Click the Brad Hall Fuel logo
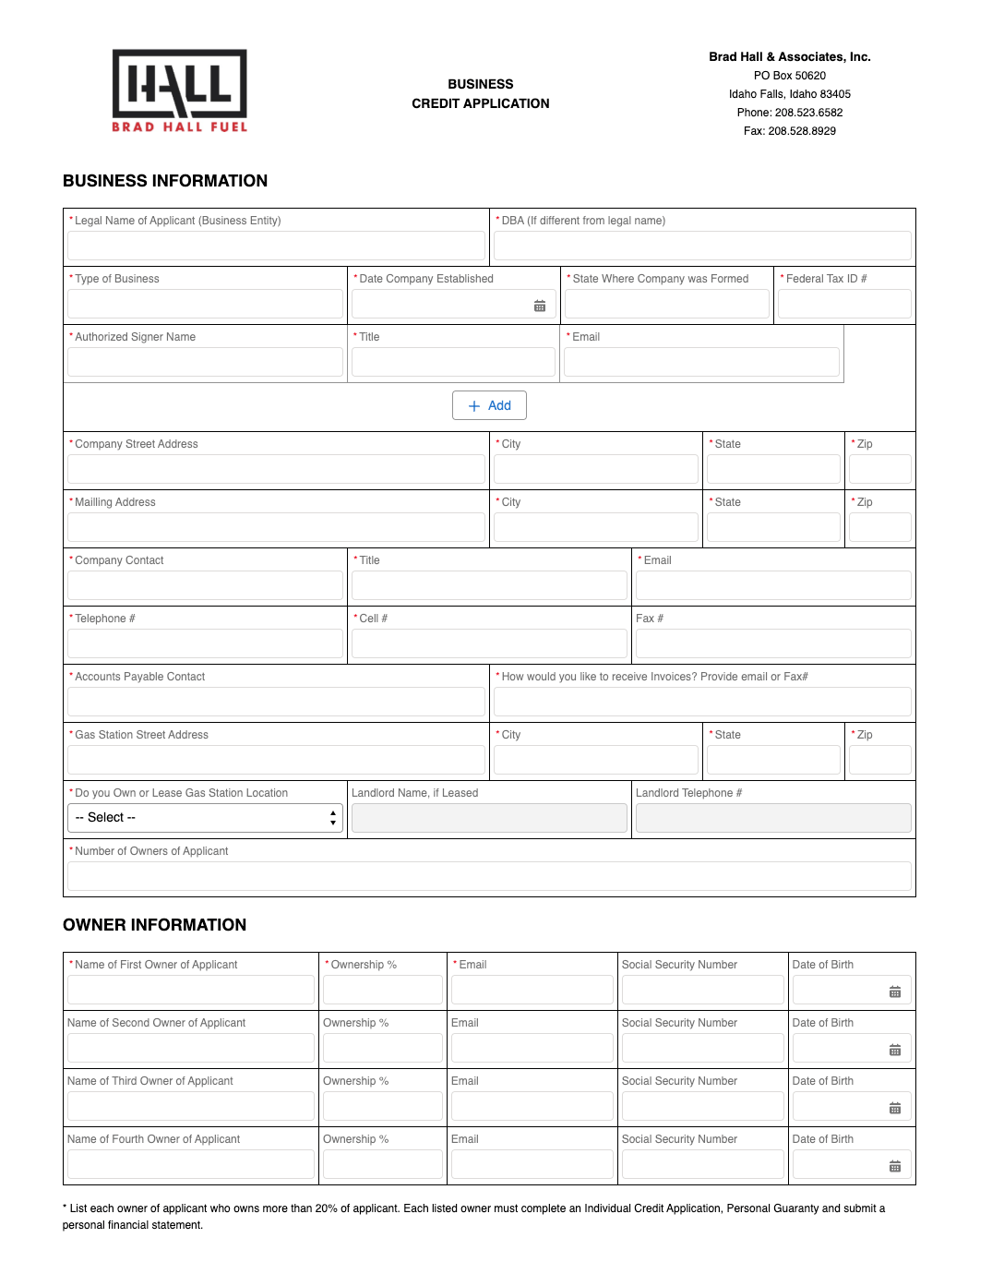click(x=180, y=90)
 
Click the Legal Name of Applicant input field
click(x=276, y=246)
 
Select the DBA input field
click(x=702, y=246)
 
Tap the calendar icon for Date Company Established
click(x=540, y=306)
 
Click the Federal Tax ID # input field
click(x=844, y=305)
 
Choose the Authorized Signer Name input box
click(x=205, y=363)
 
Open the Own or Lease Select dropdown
click(x=205, y=818)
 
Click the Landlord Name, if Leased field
click(x=489, y=818)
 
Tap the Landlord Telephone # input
click(x=773, y=818)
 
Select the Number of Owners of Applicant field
click(x=489, y=876)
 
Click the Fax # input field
click(x=773, y=643)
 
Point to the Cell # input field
click(x=489, y=643)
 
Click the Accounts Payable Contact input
click(x=276, y=702)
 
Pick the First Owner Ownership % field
click(x=383, y=990)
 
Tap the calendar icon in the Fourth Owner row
click(x=895, y=1167)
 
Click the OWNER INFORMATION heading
click(x=155, y=925)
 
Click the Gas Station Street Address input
click(x=276, y=760)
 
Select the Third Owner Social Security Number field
click(x=702, y=1106)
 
